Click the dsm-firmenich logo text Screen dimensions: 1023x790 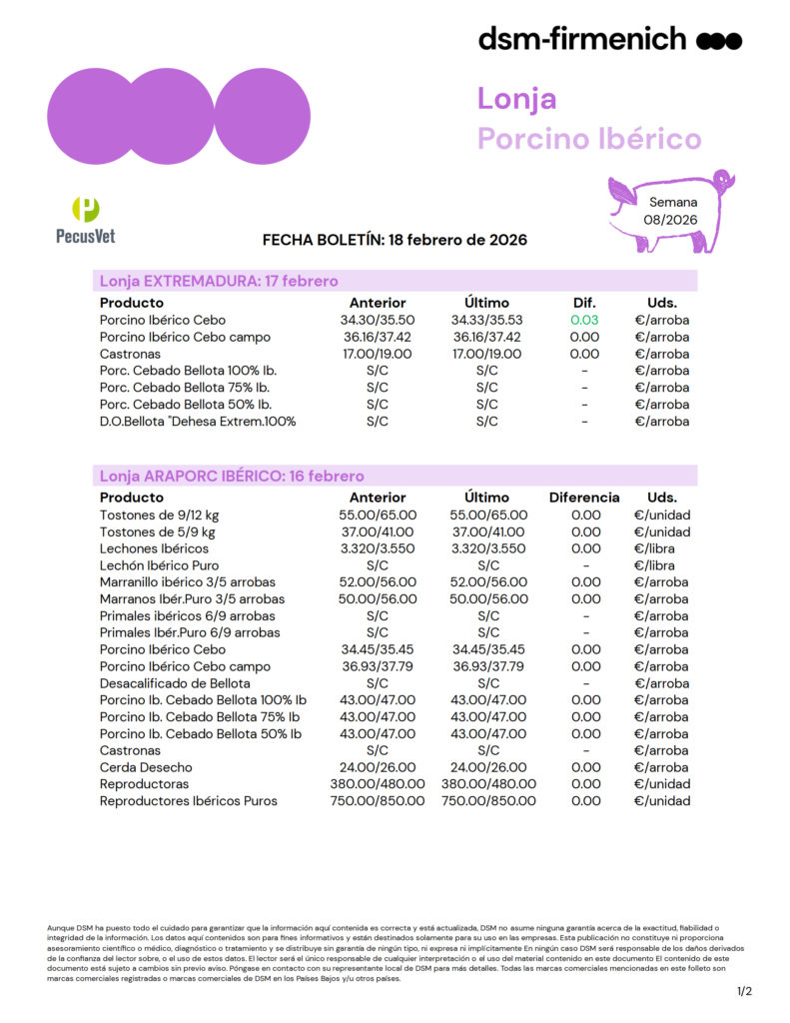click(x=582, y=39)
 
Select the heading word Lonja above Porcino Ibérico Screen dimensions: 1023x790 click(x=516, y=99)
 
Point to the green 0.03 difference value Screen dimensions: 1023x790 click(x=584, y=320)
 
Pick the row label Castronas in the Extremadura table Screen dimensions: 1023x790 click(x=130, y=354)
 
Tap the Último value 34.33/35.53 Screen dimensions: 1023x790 click(x=487, y=320)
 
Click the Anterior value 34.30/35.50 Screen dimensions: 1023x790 click(x=378, y=320)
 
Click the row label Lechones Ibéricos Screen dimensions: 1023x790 click(x=154, y=548)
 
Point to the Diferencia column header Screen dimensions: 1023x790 click(x=584, y=497)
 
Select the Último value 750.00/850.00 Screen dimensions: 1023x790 click(x=488, y=800)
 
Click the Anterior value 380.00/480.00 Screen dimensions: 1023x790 click(x=378, y=784)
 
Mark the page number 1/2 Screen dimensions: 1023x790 click(x=744, y=991)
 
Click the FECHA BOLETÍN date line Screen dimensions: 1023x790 click(x=395, y=241)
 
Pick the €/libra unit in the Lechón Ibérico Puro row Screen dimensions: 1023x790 click(x=661, y=565)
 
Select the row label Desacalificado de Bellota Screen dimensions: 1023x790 click(x=175, y=683)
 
